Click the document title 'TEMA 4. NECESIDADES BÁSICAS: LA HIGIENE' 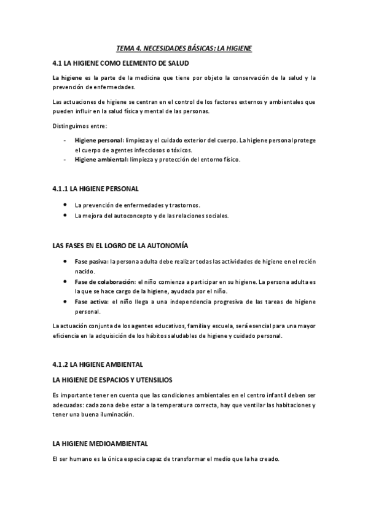click(184, 48)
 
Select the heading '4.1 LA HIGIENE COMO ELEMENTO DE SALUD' click(120, 63)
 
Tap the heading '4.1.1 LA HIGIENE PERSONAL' click(96, 188)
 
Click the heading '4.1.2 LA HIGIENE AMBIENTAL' click(98, 364)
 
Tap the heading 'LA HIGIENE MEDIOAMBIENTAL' click(100, 444)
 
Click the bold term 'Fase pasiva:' click(91, 261)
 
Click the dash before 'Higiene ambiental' click(66, 160)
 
